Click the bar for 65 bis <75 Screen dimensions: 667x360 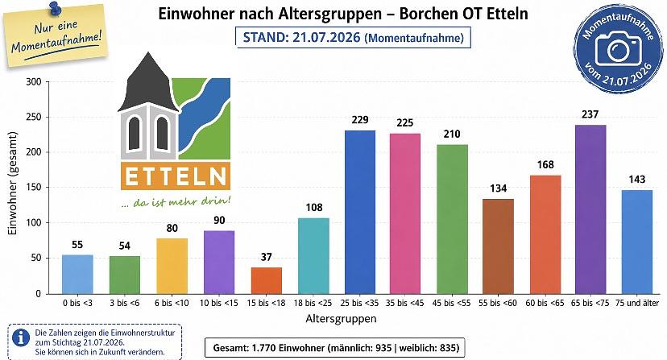point(590,209)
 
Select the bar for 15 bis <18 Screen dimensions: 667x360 point(267,281)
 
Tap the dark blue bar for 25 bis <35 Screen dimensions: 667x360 point(360,213)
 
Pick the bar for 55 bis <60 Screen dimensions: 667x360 point(498,246)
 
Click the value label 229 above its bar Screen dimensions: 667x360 point(360,119)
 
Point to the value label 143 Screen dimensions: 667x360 point(637,179)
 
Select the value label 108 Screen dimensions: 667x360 point(314,207)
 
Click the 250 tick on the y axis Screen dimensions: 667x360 point(34,117)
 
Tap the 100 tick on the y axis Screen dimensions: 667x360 point(34,223)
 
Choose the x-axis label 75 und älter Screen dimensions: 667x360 point(637,303)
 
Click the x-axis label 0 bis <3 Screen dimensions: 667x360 point(77,303)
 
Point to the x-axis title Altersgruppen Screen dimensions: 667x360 point(342,318)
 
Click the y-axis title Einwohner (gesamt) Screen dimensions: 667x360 point(12,183)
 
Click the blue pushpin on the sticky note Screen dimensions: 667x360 point(54,10)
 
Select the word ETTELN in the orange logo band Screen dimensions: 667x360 point(176,176)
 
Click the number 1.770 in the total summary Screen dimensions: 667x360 point(263,348)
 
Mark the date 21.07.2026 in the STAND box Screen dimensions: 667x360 point(326,37)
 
